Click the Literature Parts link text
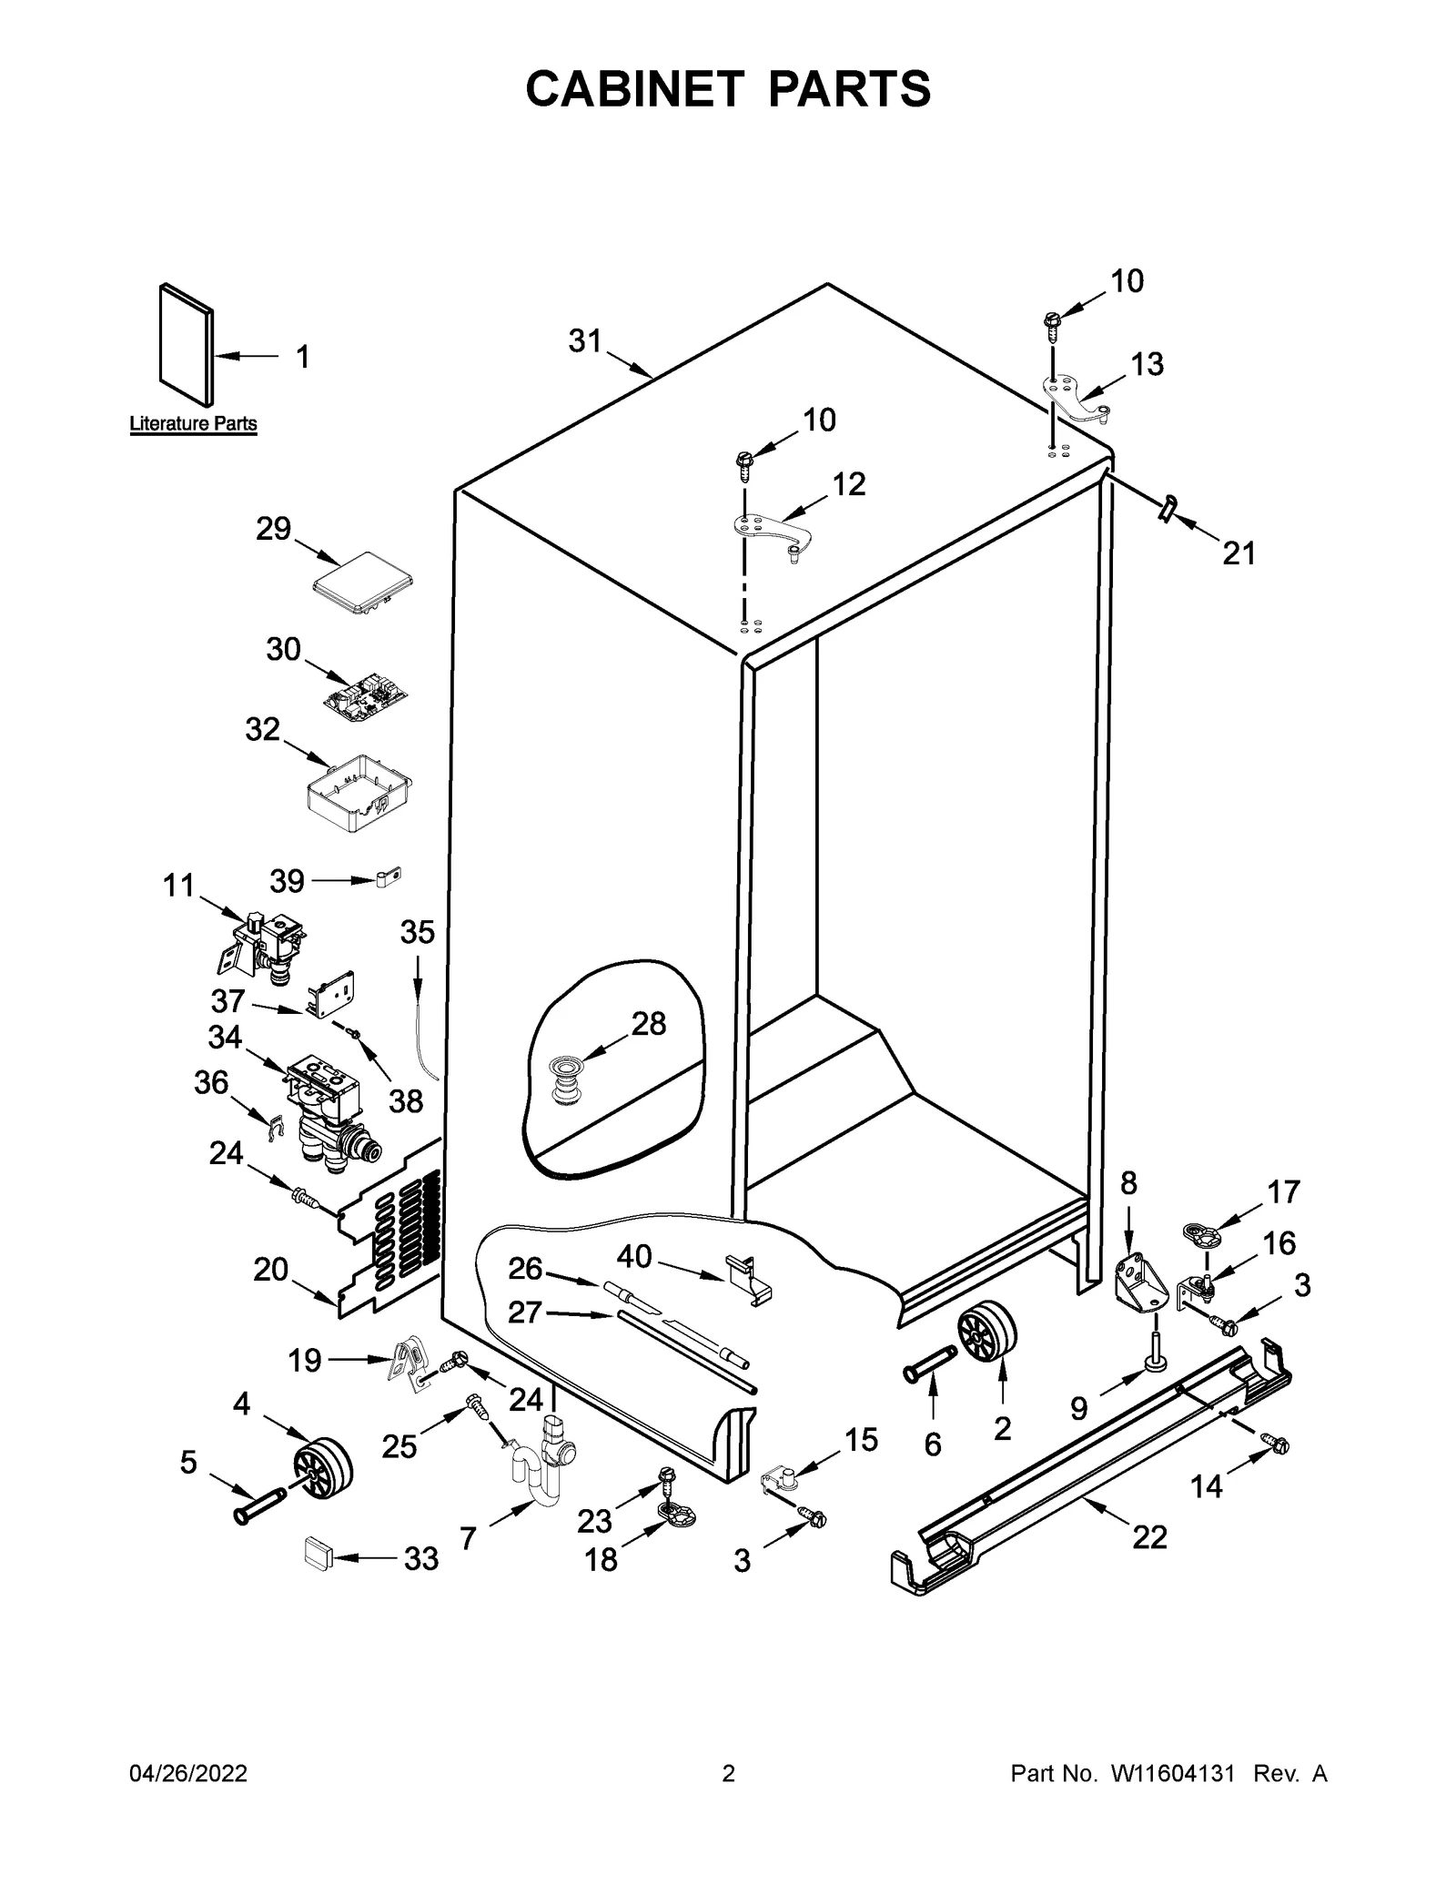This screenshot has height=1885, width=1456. [x=193, y=423]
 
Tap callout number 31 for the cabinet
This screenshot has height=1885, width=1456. [x=585, y=341]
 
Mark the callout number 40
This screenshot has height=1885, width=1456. [x=634, y=1257]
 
